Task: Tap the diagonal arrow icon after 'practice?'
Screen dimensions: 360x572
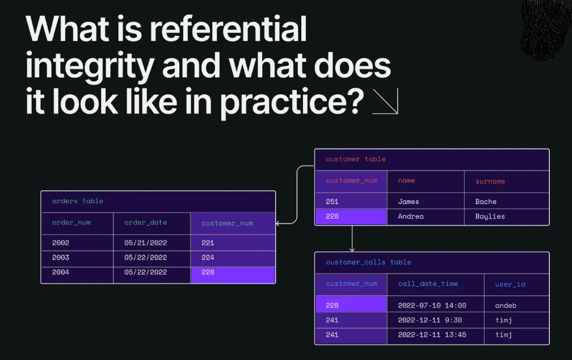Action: [385, 102]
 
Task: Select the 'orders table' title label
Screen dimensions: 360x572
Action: [78, 201]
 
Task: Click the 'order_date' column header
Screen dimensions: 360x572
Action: [145, 223]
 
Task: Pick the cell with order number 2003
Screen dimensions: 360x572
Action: [61, 257]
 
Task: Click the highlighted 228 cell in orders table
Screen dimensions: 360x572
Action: [208, 273]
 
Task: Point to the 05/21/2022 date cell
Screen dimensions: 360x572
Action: [145, 242]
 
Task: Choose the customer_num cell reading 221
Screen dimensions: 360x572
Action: [208, 242]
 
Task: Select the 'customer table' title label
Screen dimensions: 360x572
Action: [355, 160]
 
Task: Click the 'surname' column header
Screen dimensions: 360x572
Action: [490, 181]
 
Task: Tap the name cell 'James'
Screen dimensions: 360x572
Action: [409, 202]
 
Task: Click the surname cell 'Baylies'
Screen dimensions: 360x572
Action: [490, 216]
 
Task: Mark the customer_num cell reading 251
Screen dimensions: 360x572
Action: [332, 202]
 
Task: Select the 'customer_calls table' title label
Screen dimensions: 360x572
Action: [368, 262]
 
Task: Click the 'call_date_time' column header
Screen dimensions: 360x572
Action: [428, 283]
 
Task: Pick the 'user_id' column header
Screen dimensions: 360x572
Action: [510, 284]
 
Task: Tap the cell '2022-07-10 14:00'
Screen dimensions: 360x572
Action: [432, 305]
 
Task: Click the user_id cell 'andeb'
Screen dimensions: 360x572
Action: [506, 305]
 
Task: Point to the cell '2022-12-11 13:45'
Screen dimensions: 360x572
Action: [432, 335]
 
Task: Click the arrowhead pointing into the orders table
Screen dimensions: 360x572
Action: [279, 224]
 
